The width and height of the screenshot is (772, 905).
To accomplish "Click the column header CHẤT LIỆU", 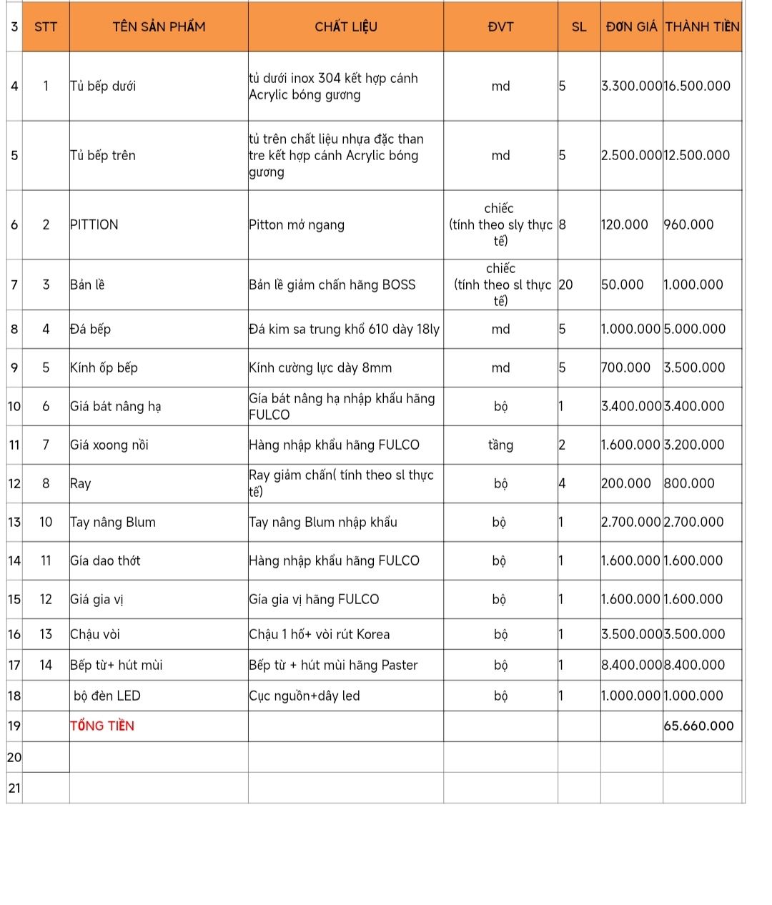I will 346,27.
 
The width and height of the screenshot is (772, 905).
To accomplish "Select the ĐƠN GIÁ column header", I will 631,27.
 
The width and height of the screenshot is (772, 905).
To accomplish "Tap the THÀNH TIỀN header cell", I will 702,27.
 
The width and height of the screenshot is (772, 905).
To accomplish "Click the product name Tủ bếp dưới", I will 103,86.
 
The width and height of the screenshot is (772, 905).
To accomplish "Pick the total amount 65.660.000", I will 698,726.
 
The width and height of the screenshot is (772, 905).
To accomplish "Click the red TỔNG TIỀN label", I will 102,726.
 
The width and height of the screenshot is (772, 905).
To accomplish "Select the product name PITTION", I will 94,224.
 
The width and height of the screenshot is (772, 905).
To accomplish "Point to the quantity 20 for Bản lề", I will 565,285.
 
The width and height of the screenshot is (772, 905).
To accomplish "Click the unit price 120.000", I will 624,224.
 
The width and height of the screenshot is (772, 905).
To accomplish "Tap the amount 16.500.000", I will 697,86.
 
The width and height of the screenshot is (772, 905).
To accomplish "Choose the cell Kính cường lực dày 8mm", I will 320,368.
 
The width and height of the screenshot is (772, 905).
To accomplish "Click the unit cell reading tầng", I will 500,445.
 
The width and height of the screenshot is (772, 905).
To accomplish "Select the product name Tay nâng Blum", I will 113,523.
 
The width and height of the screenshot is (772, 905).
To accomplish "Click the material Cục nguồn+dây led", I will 305,696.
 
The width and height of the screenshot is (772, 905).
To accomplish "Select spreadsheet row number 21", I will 14,788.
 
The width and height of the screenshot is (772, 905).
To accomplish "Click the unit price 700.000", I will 625,368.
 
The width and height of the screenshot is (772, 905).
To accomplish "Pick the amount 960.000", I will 688,224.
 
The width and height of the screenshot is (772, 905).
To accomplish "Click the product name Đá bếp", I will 91,330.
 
